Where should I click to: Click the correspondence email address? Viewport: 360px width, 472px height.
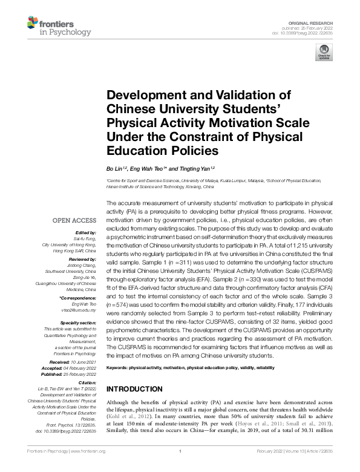(x=82, y=308)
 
